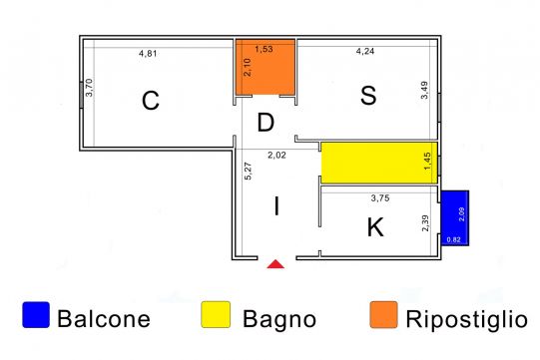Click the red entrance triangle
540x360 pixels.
(275, 264)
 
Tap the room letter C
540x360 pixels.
(151, 101)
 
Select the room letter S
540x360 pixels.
(368, 96)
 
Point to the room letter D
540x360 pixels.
(266, 123)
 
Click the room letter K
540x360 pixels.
(375, 227)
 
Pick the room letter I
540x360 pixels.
(276, 206)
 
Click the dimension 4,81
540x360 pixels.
(148, 53)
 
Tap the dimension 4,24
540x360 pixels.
(365, 51)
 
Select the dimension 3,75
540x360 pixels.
(380, 197)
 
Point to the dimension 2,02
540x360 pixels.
(276, 156)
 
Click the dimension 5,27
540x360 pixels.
(248, 171)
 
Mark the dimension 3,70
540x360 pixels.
(89, 88)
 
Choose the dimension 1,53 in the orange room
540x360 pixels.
(264, 49)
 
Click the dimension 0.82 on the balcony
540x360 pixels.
(453, 239)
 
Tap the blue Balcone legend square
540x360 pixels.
(36, 314)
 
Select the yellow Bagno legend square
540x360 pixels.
(216, 314)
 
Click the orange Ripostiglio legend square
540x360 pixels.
(383, 314)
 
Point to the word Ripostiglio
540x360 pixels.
(467, 319)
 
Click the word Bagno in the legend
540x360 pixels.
(279, 319)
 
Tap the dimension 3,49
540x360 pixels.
(424, 90)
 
